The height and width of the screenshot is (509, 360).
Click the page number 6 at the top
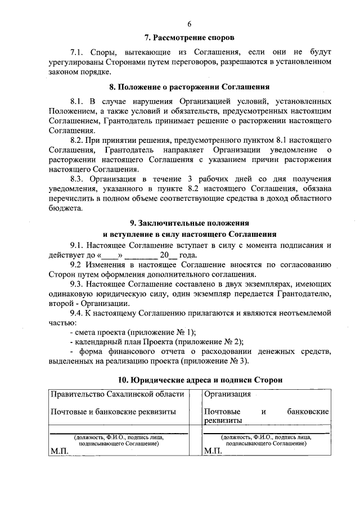click(189, 24)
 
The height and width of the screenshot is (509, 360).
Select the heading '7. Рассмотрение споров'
click(189, 38)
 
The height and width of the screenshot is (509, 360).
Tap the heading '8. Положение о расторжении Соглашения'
click(189, 87)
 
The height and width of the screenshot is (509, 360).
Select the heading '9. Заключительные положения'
click(189, 223)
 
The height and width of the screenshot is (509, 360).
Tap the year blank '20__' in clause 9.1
click(168, 255)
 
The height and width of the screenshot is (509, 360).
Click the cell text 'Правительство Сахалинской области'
click(114, 394)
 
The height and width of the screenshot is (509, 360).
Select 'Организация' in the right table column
click(227, 394)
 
